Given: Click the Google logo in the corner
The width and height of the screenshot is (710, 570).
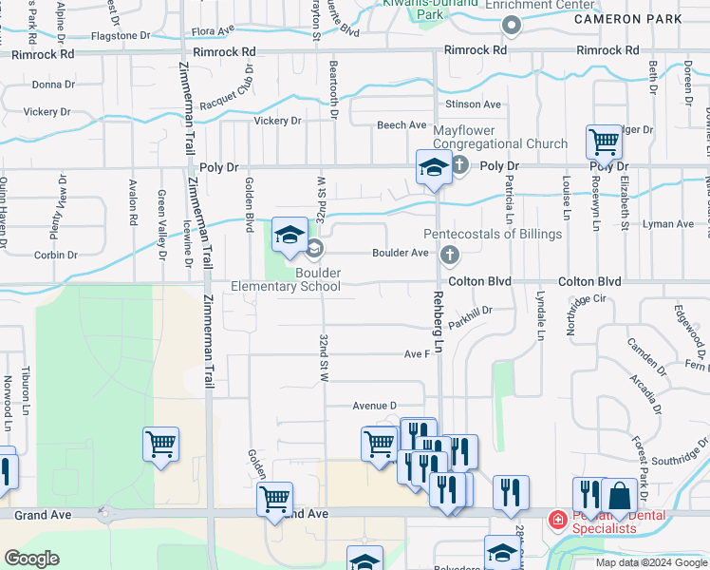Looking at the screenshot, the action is coord(32,560).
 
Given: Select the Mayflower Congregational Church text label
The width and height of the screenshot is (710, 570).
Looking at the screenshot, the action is coord(500,137).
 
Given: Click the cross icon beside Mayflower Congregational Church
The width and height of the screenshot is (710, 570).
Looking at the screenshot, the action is coord(459,166).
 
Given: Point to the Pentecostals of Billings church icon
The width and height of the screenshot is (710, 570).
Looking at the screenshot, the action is coord(450,254).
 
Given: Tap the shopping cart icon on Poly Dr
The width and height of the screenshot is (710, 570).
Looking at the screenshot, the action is coord(604,142).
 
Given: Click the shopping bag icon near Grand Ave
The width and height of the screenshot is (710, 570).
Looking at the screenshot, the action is coord(619,495).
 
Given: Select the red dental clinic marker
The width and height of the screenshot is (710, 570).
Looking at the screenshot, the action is coord(557,520).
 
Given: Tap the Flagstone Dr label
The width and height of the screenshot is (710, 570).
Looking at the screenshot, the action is coord(121,35).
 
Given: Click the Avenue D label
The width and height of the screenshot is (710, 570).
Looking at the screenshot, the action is coord(374,406).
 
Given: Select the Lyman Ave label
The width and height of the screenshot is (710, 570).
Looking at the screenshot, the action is coord(668,224).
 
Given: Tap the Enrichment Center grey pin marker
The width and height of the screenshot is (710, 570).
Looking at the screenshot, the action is coord(513,26).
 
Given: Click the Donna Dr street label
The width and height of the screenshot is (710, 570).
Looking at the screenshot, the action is coord(53,85).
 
